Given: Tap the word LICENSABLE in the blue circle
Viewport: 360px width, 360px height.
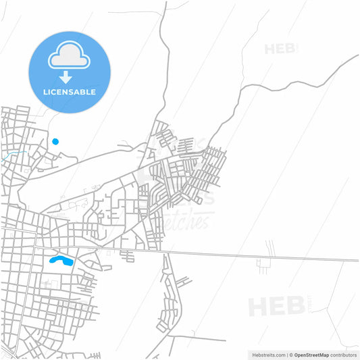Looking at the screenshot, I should point(69,91).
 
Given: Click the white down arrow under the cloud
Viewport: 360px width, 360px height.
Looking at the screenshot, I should point(66,77).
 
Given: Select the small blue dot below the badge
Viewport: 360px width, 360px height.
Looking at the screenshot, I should point(55,141).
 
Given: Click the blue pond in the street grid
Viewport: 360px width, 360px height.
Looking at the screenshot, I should point(61,259).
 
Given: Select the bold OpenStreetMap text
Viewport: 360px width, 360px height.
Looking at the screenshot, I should point(311,354).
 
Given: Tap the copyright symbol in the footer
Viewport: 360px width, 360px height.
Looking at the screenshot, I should point(290,354).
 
